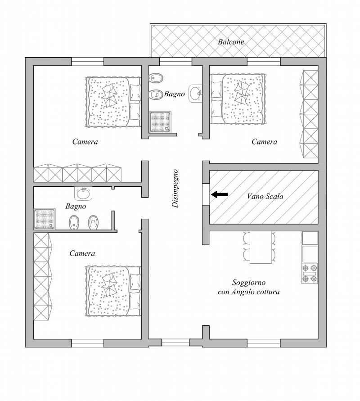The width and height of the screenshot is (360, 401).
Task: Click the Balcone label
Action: tap(231, 42)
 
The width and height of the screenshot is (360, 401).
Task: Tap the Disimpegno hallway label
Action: tap(175, 189)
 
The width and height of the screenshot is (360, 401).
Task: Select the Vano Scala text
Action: tap(265, 196)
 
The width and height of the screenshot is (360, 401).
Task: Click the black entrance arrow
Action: tap(220, 194)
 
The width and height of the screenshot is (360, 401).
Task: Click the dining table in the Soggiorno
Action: tap(261, 247)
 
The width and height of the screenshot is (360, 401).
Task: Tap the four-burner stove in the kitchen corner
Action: tap(310, 273)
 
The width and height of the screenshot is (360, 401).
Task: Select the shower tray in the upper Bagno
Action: tap(160, 122)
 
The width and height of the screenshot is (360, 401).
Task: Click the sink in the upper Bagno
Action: tap(196, 94)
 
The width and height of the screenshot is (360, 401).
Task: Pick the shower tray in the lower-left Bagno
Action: tap(45, 219)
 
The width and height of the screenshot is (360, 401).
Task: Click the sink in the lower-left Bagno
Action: tap(83, 193)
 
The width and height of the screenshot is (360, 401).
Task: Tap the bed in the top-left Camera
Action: tap(113, 102)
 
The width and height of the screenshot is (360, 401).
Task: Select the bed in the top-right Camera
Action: tap(238, 99)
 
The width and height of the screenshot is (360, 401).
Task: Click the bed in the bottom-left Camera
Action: tap(113, 291)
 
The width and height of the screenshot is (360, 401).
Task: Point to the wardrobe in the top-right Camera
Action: tap(309, 114)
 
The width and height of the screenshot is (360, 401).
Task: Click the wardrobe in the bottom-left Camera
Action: tap(43, 276)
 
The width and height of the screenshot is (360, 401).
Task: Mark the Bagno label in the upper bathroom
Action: tap(175, 94)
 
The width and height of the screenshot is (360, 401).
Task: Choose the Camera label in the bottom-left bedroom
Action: tap(82, 253)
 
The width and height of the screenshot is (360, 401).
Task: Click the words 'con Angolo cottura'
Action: tap(249, 292)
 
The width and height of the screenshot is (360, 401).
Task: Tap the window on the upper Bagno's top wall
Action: tap(175, 61)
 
